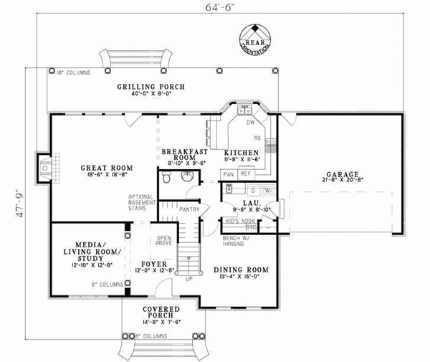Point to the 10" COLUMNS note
tap(73, 72)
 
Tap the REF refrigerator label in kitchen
tap(246, 173)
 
